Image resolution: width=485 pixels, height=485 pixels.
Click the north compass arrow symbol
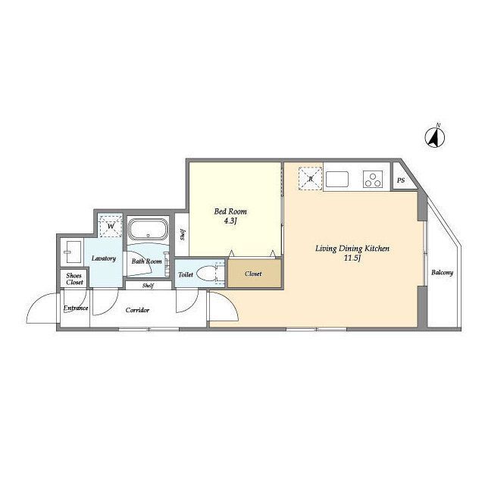435,137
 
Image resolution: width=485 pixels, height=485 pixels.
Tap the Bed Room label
230,211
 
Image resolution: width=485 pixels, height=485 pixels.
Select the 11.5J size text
352,258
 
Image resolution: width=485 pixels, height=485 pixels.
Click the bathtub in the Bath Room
149,229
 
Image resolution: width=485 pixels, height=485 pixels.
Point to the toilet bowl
205,274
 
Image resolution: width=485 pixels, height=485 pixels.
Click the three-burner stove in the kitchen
373,180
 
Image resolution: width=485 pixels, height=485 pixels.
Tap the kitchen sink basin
337,180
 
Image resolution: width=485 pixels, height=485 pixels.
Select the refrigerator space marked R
310,179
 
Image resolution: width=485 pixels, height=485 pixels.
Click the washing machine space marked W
111,226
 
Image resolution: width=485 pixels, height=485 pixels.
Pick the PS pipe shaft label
401,180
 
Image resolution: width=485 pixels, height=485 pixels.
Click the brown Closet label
253,274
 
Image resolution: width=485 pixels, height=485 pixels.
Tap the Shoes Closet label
74,279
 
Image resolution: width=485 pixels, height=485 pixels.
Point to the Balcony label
442,273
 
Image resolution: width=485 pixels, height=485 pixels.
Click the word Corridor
137,310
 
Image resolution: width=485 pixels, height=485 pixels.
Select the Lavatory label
104,258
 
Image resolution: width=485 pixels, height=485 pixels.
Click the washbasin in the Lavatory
73,252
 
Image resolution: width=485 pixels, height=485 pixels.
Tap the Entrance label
76,308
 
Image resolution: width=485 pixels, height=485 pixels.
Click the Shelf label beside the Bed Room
183,235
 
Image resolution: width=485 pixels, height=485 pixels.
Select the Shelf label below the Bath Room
148,286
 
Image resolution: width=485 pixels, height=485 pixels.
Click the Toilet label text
186,274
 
